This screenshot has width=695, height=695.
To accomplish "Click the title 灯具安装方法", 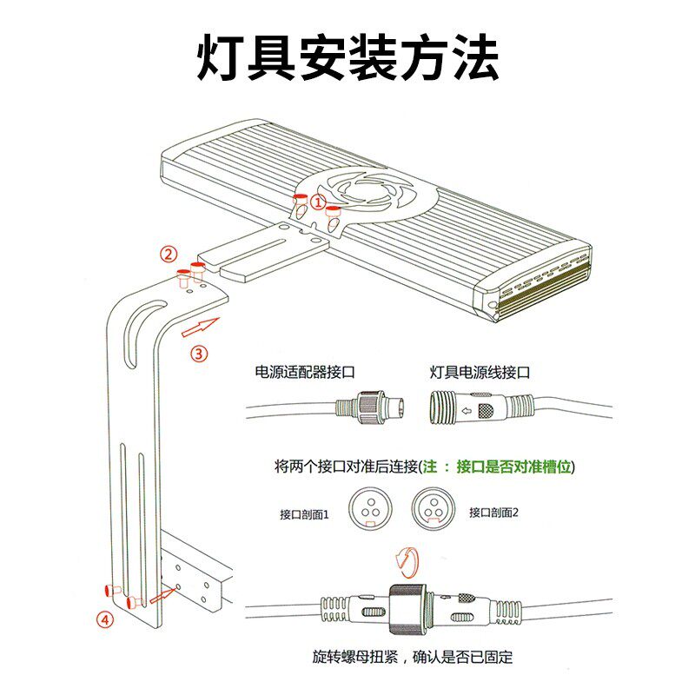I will pyautogui.click(x=347, y=59).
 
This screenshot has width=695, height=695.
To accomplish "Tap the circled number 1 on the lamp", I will pyautogui.click(x=318, y=202).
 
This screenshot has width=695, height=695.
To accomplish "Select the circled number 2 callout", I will pyautogui.click(x=169, y=255).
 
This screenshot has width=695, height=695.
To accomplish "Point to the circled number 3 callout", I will pyautogui.click(x=199, y=354).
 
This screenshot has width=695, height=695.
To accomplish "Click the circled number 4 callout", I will pyautogui.click(x=104, y=619).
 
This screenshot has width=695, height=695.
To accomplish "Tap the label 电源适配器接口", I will pyautogui.click(x=305, y=372).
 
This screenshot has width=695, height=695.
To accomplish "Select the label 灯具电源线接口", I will pyautogui.click(x=480, y=372).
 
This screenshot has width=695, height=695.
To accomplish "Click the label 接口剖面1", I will pyautogui.click(x=305, y=513).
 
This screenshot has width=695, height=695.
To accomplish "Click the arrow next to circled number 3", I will pyautogui.click(x=198, y=328).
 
